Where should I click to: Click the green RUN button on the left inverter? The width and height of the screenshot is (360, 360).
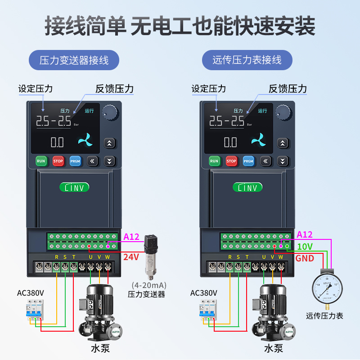pos(41,161)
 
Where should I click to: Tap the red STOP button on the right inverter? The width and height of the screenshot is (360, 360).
pos(231,161)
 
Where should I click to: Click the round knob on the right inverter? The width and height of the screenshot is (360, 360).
pos(282,111)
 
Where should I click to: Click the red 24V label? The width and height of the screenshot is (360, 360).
pos(131,257)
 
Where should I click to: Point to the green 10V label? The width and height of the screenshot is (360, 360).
pos(305,247)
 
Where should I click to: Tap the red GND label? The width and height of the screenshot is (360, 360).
pos(305,258)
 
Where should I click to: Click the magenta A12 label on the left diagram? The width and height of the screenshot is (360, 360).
pos(131,236)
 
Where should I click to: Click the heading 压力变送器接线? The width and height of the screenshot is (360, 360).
pos(74,60)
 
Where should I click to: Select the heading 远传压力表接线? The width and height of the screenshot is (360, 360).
pos(247,60)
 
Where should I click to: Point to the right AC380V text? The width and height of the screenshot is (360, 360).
pos(203,293)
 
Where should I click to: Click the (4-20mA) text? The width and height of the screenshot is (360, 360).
pos(149,285)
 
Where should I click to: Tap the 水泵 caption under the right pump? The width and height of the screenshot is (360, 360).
pos(273,348)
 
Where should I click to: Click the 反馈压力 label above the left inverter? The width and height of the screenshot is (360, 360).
pos(114,89)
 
